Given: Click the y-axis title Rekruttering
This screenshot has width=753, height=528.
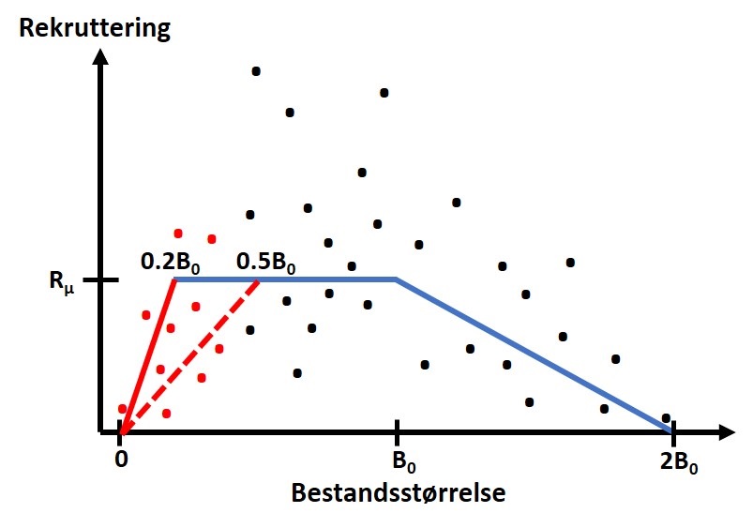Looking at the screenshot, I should (x=96, y=27).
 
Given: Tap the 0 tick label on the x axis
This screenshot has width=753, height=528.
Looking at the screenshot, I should (x=120, y=460).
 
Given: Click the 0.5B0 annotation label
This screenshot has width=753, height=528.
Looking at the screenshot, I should (x=265, y=262).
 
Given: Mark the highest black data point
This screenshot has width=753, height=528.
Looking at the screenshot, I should (x=255, y=71).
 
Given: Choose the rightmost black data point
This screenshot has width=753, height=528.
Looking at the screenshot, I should (x=666, y=418).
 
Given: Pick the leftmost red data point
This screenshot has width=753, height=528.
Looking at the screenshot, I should (x=122, y=409).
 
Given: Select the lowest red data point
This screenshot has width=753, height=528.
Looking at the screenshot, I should (x=166, y=414).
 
